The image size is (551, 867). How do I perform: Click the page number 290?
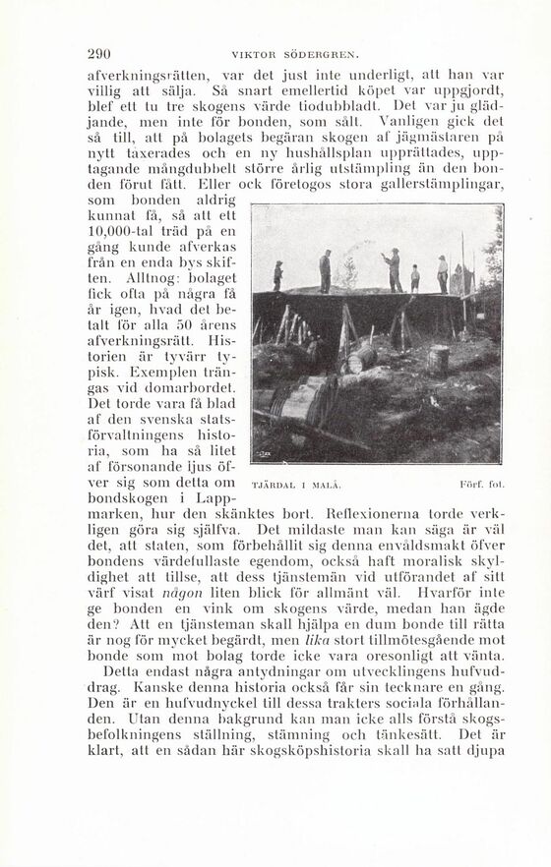100,54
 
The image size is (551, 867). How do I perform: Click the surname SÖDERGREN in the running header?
317,55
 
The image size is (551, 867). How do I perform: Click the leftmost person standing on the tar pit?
278,274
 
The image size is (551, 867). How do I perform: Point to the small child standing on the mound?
414,278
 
